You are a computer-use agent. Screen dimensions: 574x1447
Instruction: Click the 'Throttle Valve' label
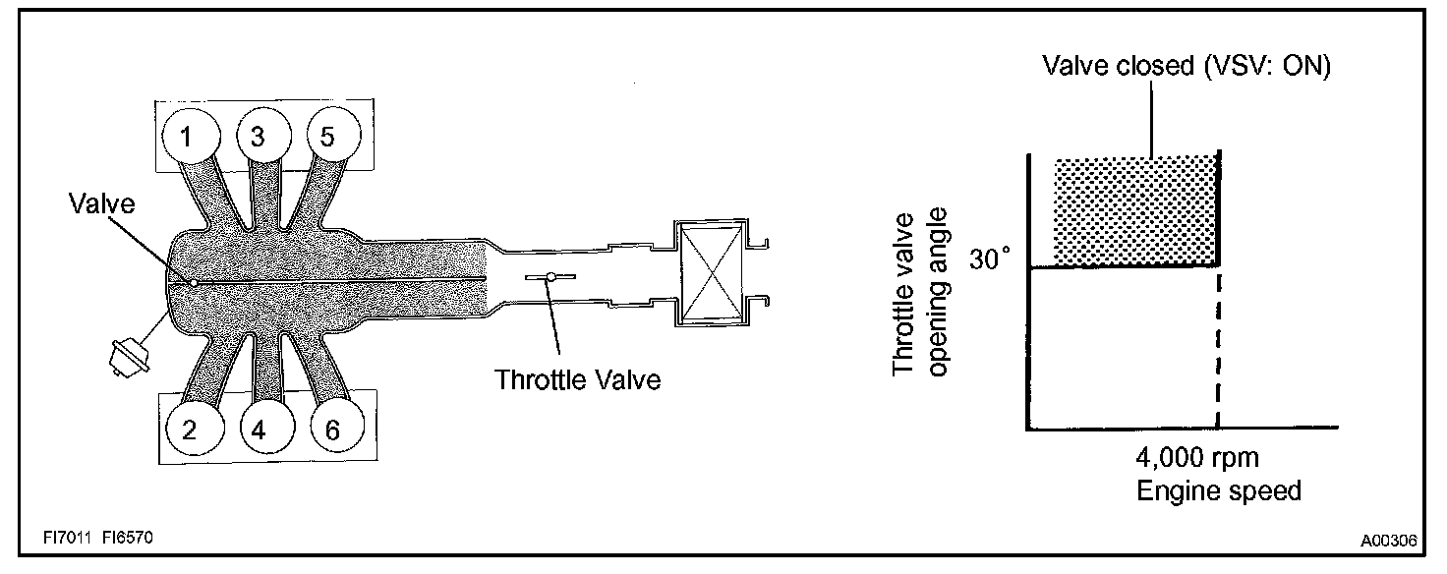[578, 378]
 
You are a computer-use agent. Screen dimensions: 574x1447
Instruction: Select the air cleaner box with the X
[707, 274]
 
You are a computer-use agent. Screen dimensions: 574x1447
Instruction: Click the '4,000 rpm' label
[1196, 458]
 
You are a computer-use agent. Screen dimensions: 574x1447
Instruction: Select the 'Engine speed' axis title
[1219, 490]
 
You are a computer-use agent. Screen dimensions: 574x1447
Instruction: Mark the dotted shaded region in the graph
[1135, 211]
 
